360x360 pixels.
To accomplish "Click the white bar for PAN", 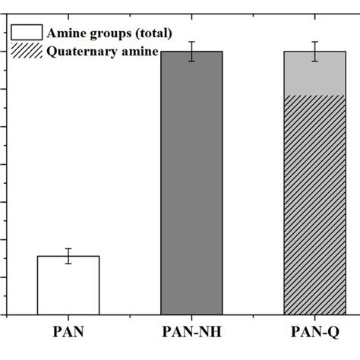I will pos(68,285).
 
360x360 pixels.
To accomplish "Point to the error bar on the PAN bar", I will pos(68,255).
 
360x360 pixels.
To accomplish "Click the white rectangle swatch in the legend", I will pos(27,33).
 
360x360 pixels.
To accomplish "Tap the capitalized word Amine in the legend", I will pos(66,33).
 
